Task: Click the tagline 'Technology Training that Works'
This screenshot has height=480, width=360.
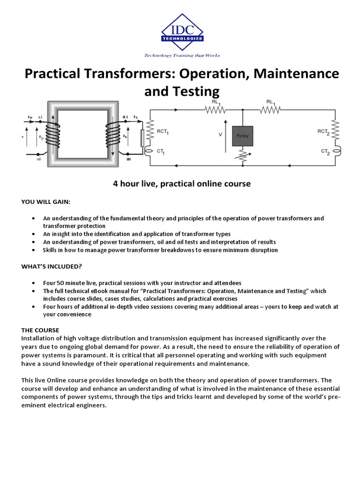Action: tap(182, 55)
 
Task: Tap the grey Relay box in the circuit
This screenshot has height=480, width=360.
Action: tap(242, 135)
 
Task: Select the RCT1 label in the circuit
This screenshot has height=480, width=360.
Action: tap(162, 133)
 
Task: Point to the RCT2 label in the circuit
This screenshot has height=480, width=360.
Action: tap(323, 132)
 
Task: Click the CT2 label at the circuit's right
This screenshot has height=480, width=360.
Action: tap(325, 151)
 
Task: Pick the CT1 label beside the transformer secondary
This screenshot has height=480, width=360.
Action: tap(160, 152)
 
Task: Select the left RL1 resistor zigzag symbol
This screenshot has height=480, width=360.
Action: tap(215, 110)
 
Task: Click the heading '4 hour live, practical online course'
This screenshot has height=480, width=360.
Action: tap(182, 184)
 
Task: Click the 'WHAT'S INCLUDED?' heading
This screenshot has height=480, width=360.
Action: tap(52, 266)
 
